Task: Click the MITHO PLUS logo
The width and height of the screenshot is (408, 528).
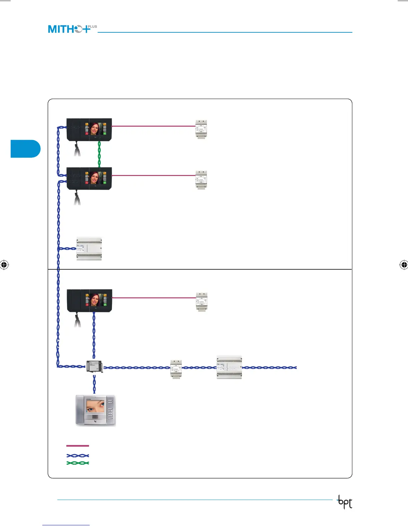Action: pyautogui.click(x=72, y=29)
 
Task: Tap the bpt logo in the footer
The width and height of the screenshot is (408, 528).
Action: pyautogui.click(x=345, y=502)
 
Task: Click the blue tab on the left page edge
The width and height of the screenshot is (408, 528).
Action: pyautogui.click(x=25, y=149)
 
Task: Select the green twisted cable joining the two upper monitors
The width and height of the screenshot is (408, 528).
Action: pyautogui.click(x=99, y=154)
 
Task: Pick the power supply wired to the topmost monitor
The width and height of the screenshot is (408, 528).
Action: pyautogui.click(x=201, y=129)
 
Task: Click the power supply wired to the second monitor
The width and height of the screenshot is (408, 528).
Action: pyautogui.click(x=201, y=180)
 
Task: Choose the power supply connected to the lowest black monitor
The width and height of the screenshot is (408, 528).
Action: pyautogui.click(x=201, y=302)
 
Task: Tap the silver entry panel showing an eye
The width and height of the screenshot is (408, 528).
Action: pyautogui.click(x=96, y=410)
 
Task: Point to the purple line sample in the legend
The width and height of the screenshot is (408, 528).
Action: pyautogui.click(x=78, y=446)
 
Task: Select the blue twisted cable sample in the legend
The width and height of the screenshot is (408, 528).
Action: pyautogui.click(x=78, y=456)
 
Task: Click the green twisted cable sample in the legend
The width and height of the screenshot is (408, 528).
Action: pyautogui.click(x=78, y=463)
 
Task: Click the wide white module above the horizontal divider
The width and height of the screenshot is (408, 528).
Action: pyautogui.click(x=89, y=248)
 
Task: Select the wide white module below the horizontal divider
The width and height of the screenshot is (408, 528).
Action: pyautogui.click(x=229, y=367)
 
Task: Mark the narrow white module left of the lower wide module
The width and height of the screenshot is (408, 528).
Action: pyautogui.click(x=176, y=369)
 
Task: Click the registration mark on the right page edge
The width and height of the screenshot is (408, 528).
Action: pyautogui.click(x=404, y=265)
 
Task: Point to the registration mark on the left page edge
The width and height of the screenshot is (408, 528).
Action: pyautogui.click(x=4, y=265)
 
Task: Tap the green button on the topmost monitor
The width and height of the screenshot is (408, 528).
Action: pyautogui.click(x=105, y=133)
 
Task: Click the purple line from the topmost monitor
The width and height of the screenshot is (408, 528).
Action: pyautogui.click(x=153, y=126)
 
